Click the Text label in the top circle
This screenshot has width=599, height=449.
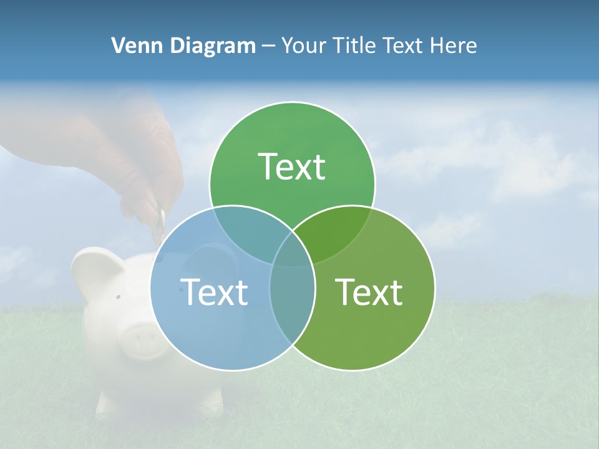tap(292, 167)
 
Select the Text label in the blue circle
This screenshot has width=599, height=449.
tap(214, 292)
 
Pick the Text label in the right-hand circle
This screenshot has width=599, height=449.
tap(369, 292)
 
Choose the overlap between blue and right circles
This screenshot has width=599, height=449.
tap(292, 293)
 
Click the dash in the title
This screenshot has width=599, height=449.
tap(268, 46)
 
